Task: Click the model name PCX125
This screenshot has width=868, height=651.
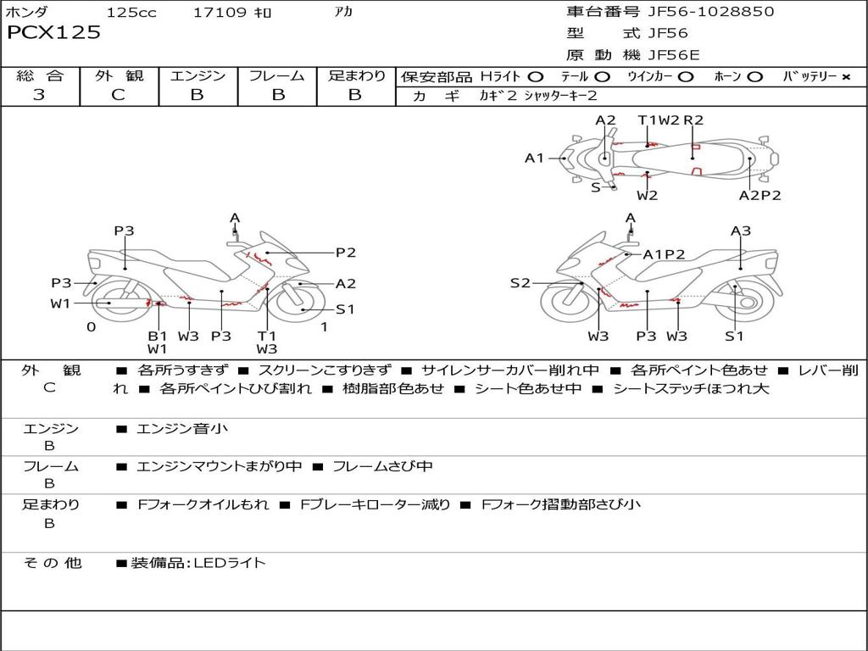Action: pyautogui.click(x=53, y=33)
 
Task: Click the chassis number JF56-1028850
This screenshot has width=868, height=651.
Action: pyautogui.click(x=698, y=12)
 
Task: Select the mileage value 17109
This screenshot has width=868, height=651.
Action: pyautogui.click(x=220, y=13)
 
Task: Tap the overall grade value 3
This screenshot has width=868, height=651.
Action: pyautogui.click(x=39, y=95)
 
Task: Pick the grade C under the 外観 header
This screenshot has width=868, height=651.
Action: pyautogui.click(x=118, y=95)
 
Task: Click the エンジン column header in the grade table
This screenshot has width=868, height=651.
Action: pyautogui.click(x=198, y=75)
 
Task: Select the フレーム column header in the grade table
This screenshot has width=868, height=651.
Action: pyautogui.click(x=277, y=75)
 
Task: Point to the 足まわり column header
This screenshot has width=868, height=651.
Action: pyautogui.click(x=357, y=75)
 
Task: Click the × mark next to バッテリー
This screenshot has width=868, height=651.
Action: pyautogui.click(x=845, y=76)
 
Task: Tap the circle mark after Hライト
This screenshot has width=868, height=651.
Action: pyautogui.click(x=535, y=76)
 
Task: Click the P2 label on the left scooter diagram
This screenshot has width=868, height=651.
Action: pyautogui.click(x=345, y=252)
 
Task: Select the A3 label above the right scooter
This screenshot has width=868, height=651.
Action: pyautogui.click(x=741, y=231)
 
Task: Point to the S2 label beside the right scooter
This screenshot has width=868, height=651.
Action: pyautogui.click(x=520, y=283)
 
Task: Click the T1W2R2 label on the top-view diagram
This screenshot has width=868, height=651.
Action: pyautogui.click(x=670, y=120)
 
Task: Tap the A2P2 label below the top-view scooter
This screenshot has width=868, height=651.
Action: pyautogui.click(x=759, y=195)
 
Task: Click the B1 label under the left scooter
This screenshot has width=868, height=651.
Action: pyautogui.click(x=158, y=336)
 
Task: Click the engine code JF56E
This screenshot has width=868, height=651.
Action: pyautogui.click(x=674, y=54)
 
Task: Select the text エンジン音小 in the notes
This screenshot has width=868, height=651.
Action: pyautogui.click(x=182, y=429)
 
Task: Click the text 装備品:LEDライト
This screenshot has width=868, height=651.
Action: pyautogui.click(x=198, y=562)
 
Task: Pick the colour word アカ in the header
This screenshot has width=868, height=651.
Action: pyautogui.click(x=344, y=13)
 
